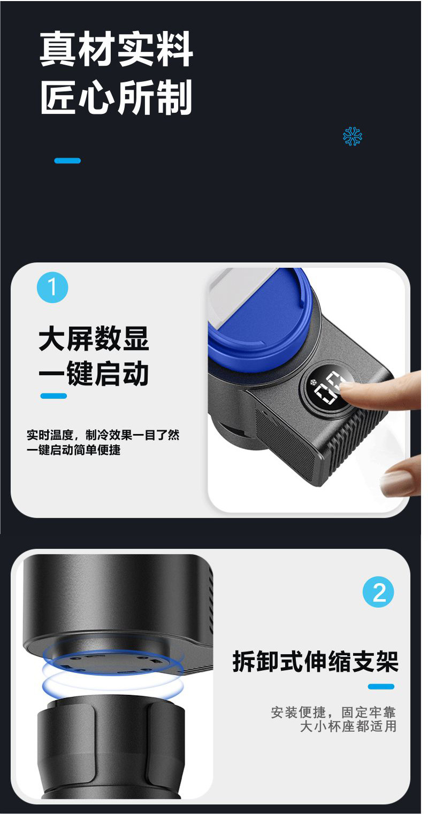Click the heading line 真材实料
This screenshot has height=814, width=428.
point(116,50)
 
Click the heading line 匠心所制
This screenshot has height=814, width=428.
point(116,98)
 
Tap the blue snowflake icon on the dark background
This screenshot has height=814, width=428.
point(353,136)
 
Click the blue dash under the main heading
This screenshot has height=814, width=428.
point(67,160)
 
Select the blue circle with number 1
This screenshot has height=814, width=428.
point(52,288)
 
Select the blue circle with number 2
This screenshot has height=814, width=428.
point(378,592)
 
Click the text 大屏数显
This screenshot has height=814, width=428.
point(94,339)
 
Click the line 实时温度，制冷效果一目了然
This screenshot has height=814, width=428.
point(103,435)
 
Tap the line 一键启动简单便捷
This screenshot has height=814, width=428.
point(74,449)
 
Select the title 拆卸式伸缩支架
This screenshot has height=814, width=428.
point(316,662)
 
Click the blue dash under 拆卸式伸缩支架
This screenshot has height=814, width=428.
point(381,687)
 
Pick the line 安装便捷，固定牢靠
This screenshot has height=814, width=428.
point(333,712)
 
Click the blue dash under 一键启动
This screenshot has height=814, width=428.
point(53,396)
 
